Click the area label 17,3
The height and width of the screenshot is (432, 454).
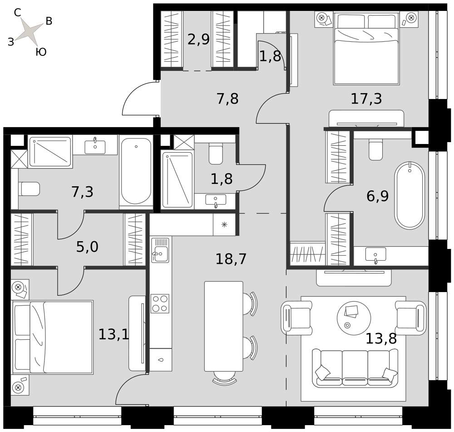coord(366,99)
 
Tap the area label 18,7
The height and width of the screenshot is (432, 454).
coord(231,259)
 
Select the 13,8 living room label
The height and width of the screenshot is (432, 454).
coord(381,338)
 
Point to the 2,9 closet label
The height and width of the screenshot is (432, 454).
coord(198,39)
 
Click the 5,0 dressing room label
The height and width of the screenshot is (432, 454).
coord(87,247)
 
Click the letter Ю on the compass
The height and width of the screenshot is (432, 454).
coord(41,52)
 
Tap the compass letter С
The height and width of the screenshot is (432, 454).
coord(17,12)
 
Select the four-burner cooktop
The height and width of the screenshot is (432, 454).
coord(160,303)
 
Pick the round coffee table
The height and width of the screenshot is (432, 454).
coord(354,318)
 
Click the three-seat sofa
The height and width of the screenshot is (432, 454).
coord(355,367)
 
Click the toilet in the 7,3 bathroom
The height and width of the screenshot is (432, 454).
coord(29,189)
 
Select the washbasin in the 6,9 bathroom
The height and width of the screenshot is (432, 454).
coord(375,254)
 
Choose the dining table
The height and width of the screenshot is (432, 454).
coord(223,326)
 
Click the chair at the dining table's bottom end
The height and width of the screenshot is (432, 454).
coord(224,380)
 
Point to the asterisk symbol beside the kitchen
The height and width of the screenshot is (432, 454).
coord(224,224)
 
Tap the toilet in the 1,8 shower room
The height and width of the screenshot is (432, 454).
coord(216,154)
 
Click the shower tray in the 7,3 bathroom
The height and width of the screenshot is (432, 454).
coord(50,152)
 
